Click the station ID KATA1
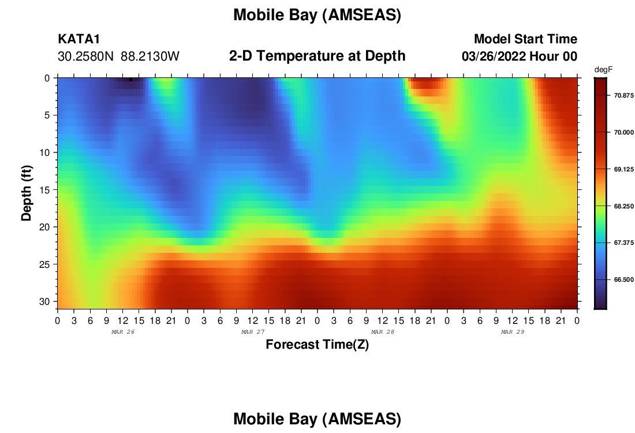(79, 39)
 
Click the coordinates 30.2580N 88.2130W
(119, 56)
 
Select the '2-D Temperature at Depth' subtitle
(317, 55)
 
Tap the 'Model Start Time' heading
(525, 39)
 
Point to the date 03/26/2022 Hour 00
(520, 56)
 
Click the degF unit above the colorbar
(603, 70)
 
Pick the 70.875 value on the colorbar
(623, 96)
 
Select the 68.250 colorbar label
(623, 206)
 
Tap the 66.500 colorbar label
(623, 279)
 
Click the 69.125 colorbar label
(623, 169)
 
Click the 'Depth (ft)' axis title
(26, 193)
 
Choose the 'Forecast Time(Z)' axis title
(317, 344)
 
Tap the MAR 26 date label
(123, 332)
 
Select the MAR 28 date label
(383, 332)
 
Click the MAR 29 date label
(513, 332)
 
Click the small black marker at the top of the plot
(131, 80)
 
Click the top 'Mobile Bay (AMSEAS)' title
(317, 15)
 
